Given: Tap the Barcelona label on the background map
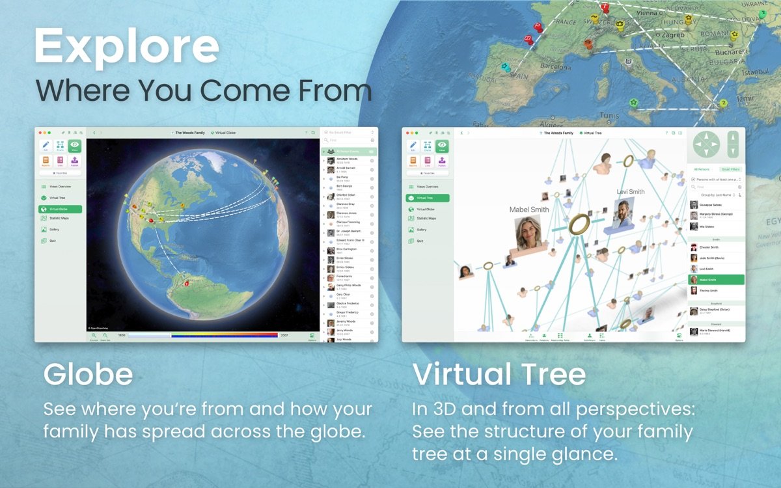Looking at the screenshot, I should (x=555, y=66).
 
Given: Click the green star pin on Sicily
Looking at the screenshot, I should (x=633, y=102).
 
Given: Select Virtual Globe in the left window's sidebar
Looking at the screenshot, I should (x=61, y=210).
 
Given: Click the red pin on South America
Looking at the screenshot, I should (x=185, y=284).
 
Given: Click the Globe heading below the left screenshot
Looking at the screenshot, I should (x=89, y=375).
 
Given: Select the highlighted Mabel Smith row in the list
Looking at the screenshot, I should (x=716, y=280).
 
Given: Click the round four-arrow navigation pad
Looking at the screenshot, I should (x=707, y=144).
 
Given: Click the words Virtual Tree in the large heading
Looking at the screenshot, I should (x=499, y=375).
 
